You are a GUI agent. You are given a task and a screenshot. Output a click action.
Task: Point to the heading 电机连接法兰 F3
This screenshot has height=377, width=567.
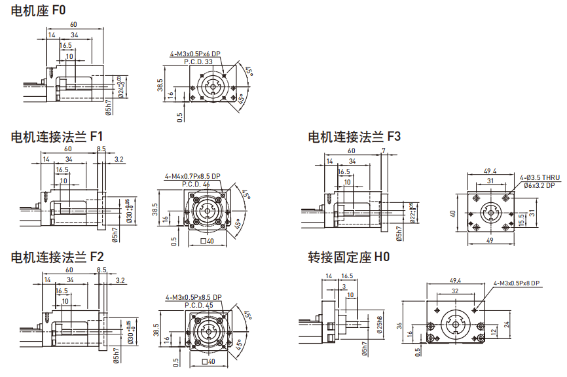(354, 137)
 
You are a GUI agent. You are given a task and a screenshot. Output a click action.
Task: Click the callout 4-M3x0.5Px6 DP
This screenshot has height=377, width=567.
(195, 54)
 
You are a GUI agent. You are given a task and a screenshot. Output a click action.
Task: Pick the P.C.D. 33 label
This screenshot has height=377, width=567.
(199, 62)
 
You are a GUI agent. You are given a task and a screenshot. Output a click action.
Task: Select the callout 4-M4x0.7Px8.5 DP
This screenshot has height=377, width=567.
(192, 176)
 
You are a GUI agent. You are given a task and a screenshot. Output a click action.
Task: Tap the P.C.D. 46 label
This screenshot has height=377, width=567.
(196, 184)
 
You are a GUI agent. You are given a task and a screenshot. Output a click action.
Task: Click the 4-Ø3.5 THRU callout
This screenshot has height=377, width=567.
(541, 177)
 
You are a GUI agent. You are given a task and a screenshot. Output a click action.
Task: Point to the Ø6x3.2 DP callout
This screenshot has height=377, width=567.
(541, 185)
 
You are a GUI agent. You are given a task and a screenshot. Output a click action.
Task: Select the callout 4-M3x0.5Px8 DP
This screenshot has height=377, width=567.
(517, 283)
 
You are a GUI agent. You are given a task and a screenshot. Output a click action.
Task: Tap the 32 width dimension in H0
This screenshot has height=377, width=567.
(455, 291)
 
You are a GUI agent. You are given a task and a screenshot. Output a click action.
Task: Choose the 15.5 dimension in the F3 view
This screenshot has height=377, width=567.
(521, 220)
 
